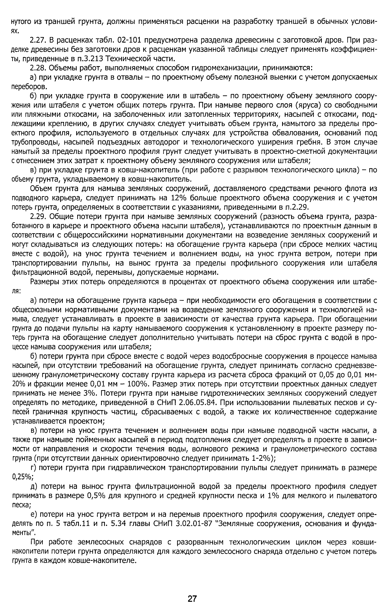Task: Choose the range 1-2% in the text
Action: click(261, 458)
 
